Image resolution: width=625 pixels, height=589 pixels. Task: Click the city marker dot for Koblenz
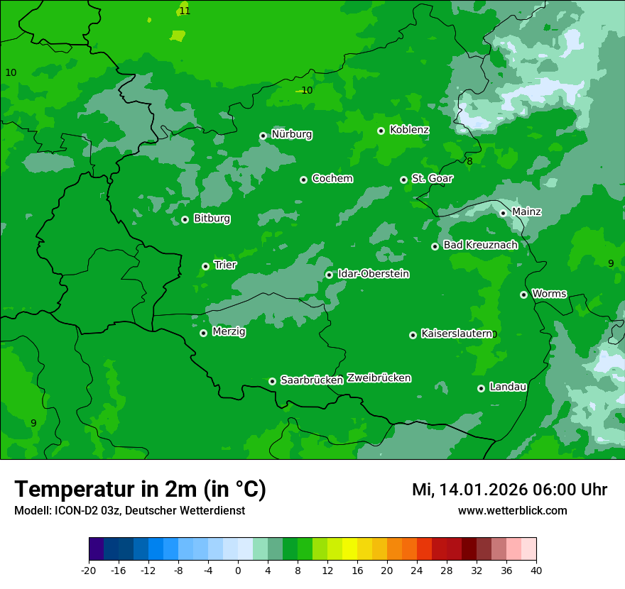pyautogui.click(x=381, y=131)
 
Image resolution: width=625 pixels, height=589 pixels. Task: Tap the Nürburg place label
pyautogui.click(x=291, y=134)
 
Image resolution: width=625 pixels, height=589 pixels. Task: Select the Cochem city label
pyautogui.click(x=332, y=179)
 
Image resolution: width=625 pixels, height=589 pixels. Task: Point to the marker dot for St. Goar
pyautogui.click(x=403, y=180)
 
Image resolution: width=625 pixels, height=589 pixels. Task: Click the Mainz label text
pyautogui.click(x=526, y=212)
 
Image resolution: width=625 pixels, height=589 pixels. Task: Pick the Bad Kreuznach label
pyautogui.click(x=480, y=246)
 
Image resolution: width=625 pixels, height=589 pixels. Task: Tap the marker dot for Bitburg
pyautogui.click(x=185, y=219)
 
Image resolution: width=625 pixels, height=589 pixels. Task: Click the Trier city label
pyautogui.click(x=225, y=265)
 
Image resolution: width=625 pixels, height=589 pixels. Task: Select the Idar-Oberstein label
pyautogui.click(x=373, y=274)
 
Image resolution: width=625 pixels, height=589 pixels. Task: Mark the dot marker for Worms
pyautogui.click(x=523, y=294)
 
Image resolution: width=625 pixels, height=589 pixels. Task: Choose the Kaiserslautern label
pyautogui.click(x=457, y=334)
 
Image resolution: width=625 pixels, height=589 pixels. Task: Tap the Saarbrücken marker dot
pyautogui.click(x=272, y=381)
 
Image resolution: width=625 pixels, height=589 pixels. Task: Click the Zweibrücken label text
pyautogui.click(x=379, y=378)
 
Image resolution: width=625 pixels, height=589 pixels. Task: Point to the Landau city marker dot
pyautogui.click(x=481, y=388)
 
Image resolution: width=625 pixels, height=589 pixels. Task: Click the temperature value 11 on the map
pyautogui.click(x=185, y=11)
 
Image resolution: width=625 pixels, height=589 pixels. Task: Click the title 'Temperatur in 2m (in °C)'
pyautogui.click(x=141, y=490)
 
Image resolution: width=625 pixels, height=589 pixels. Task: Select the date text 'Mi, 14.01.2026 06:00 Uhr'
pyautogui.click(x=509, y=490)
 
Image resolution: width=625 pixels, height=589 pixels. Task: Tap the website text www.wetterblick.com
pyautogui.click(x=512, y=511)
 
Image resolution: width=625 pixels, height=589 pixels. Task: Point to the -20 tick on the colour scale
pyautogui.click(x=89, y=571)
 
